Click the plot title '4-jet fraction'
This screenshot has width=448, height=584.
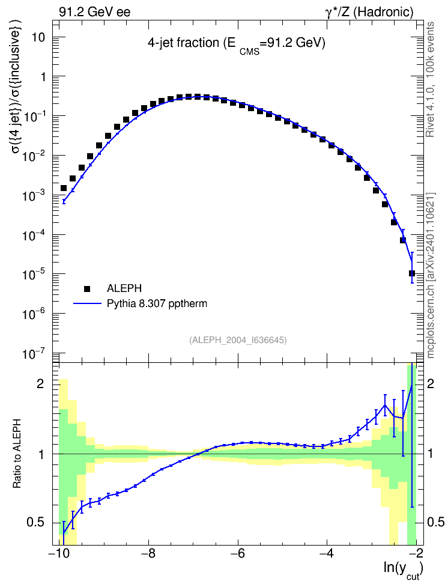point(183,43)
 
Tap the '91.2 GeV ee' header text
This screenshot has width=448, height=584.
point(95,12)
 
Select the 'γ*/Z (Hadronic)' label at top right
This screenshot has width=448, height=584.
point(369,12)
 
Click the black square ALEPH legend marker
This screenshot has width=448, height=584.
point(87,288)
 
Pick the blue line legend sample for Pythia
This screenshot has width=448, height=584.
point(88,303)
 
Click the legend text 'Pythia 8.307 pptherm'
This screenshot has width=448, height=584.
point(157,304)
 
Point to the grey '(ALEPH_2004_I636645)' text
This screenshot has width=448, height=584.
point(238,340)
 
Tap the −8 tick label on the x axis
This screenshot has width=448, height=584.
point(148,553)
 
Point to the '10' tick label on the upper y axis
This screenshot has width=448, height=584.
point(39,37)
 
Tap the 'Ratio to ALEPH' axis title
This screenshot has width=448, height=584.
point(17,454)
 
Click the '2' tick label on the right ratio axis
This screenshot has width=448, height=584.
point(431,383)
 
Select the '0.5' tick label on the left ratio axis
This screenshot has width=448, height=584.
point(36,523)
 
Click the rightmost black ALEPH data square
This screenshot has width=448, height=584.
point(412,273)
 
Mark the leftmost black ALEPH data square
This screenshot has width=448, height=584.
point(64,188)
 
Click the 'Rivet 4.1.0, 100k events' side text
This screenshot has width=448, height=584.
point(430,79)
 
